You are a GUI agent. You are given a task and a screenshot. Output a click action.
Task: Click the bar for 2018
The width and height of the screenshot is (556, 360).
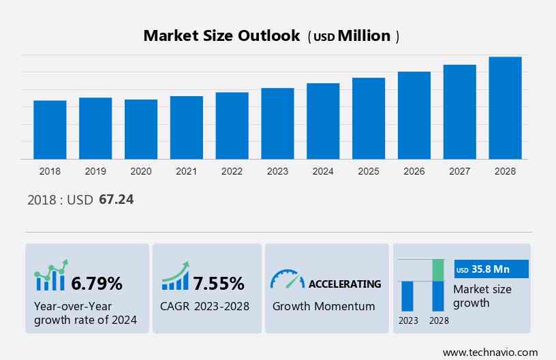50,130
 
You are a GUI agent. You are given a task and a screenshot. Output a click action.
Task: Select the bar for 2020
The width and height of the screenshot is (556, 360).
141,130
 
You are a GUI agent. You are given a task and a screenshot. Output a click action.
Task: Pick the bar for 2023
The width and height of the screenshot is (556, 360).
277,123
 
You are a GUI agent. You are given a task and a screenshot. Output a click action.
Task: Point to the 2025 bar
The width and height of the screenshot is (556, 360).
369,119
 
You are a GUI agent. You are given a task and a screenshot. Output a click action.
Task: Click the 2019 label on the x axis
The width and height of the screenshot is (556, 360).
95,171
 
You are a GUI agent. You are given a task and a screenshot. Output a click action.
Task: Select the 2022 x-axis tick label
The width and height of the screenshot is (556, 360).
232,171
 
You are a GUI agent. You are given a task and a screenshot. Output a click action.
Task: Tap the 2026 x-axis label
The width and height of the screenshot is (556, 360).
414,171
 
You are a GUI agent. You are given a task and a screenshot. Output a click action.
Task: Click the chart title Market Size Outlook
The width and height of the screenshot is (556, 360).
221,36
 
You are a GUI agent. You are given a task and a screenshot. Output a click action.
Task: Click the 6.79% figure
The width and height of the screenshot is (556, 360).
97,283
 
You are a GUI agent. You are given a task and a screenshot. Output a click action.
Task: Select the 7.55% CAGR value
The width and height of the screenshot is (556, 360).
218,283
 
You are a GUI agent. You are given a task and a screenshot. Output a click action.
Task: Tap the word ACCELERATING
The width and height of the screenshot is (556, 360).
345,284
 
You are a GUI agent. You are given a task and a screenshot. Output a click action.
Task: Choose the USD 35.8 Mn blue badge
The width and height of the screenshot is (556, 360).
491,269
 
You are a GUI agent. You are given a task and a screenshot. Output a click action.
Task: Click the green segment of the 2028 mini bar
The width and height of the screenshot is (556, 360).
438,270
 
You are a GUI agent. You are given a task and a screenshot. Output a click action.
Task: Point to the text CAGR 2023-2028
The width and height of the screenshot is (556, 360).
205,306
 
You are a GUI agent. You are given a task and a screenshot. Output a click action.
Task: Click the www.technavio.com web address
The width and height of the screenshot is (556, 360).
490,352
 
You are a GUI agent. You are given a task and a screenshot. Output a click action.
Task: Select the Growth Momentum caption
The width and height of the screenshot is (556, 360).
324,306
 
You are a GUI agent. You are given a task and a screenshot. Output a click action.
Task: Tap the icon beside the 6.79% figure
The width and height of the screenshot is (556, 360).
51,275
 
